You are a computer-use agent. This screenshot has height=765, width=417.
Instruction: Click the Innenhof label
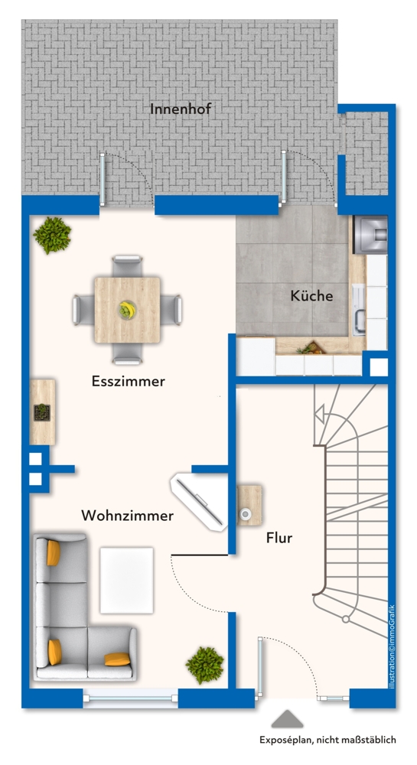point(181,109)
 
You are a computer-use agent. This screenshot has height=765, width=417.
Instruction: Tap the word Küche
point(311,295)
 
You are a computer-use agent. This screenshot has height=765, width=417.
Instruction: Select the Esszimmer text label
point(128,381)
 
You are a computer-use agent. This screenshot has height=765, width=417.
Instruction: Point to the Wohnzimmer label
point(127,516)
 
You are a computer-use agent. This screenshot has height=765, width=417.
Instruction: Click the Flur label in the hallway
point(279,538)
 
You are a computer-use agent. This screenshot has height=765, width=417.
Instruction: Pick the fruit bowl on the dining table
point(126,310)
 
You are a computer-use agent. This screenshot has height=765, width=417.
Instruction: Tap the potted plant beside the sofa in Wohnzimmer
point(205,665)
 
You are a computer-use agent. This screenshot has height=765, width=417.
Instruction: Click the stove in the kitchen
point(370,234)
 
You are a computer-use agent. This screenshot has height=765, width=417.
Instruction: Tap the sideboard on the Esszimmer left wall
point(41,412)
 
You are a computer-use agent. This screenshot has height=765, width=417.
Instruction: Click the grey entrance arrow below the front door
point(288,719)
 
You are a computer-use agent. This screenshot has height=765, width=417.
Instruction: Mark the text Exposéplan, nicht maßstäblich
point(327,739)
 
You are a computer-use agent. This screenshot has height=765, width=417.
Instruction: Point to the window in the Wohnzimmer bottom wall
point(130,695)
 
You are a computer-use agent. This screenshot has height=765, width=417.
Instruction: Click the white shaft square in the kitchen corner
point(378,367)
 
